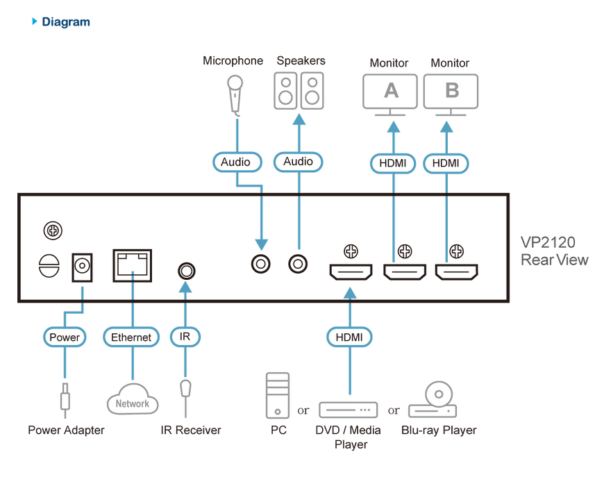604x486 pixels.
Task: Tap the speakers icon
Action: pyautogui.click(x=299, y=91)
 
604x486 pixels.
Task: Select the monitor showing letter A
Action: pyautogui.click(x=390, y=91)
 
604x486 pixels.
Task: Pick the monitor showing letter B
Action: pyautogui.click(x=451, y=91)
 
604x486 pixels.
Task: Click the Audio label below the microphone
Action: pyautogui.click(x=236, y=162)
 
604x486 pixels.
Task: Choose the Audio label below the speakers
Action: pyautogui.click(x=299, y=162)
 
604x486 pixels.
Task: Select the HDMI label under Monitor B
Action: pyautogui.click(x=446, y=163)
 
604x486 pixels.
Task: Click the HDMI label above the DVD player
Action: pyautogui.click(x=349, y=337)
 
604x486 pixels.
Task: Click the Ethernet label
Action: pyautogui.click(x=131, y=337)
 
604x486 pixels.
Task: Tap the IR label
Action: pyautogui.click(x=185, y=337)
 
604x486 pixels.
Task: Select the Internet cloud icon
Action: pyautogui.click(x=132, y=399)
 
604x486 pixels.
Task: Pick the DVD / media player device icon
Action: pyautogui.click(x=349, y=410)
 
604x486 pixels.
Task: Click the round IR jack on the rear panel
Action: pyautogui.click(x=185, y=269)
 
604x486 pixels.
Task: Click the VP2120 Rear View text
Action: pyautogui.click(x=554, y=251)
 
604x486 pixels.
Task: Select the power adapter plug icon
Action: pyautogui.click(x=65, y=399)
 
